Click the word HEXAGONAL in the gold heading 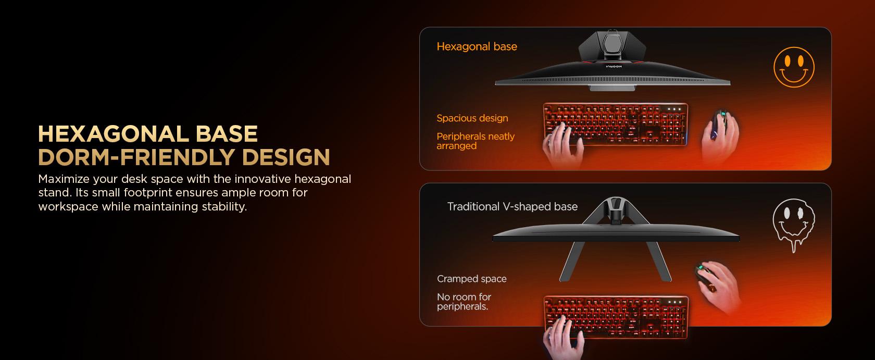(x=114, y=134)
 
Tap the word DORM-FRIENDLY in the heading (x=135, y=157)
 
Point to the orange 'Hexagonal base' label (x=477, y=46)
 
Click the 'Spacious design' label (x=472, y=118)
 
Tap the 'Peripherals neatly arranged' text (x=476, y=141)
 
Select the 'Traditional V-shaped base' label (x=512, y=206)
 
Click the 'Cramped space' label (x=471, y=279)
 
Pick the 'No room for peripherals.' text (x=464, y=301)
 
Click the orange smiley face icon (x=794, y=67)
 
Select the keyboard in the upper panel (x=616, y=125)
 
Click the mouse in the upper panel (x=718, y=124)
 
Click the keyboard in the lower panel (x=616, y=317)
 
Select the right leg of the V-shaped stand (x=658, y=261)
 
